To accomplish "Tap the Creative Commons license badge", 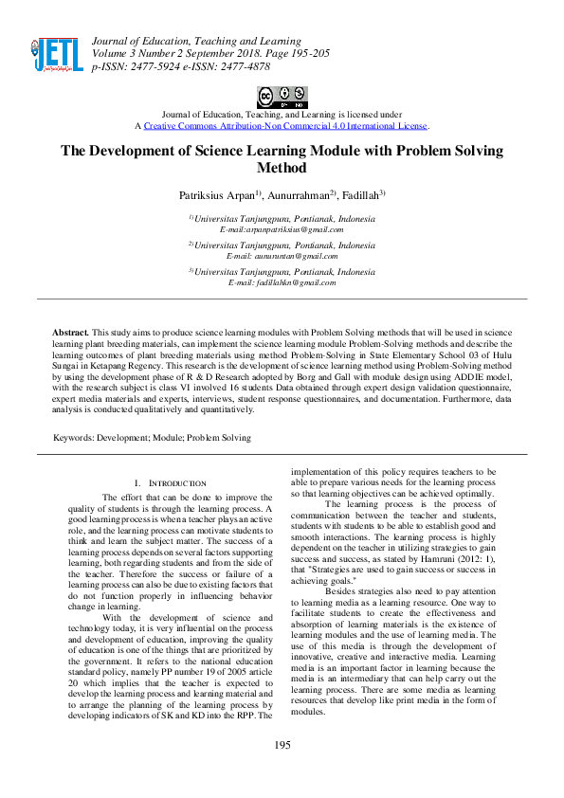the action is coord(282,97).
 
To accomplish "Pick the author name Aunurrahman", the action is coord(298,195).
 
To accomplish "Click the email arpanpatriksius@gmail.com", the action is coord(282,230).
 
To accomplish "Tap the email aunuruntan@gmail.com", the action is coord(282,257).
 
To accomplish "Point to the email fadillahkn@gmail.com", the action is coord(282,283).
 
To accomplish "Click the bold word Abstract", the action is coord(70,334).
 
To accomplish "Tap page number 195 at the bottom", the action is coord(282,771).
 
